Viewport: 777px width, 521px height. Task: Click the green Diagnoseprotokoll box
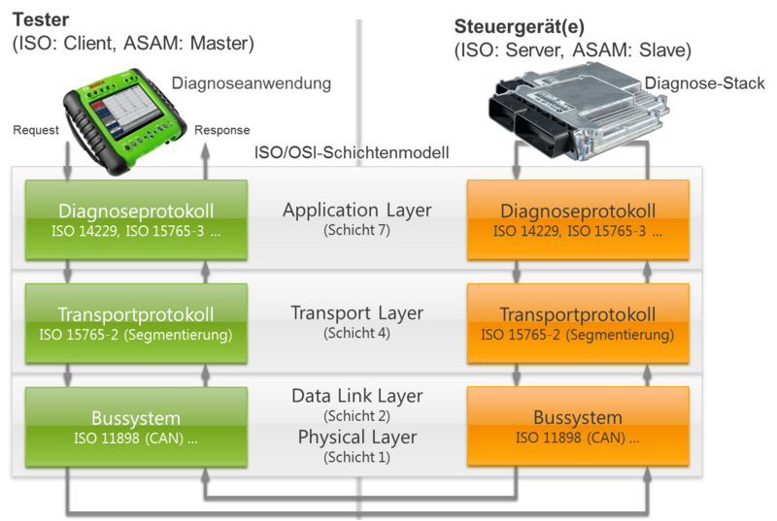pyautogui.click(x=136, y=219)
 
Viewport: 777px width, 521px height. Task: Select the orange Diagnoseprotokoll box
pyautogui.click(x=577, y=220)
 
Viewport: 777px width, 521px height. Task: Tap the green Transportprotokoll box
pyautogui.click(x=136, y=323)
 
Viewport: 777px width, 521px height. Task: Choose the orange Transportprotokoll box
pyautogui.click(x=577, y=324)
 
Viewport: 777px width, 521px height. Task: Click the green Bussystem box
pyautogui.click(x=136, y=427)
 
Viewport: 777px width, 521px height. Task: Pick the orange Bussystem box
pyautogui.click(x=577, y=427)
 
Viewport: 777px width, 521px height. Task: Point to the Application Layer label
pyautogui.click(x=356, y=210)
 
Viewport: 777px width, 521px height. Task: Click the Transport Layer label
pyautogui.click(x=356, y=313)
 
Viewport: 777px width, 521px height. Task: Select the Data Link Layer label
pyautogui.click(x=356, y=396)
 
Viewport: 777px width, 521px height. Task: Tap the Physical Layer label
pyautogui.click(x=356, y=438)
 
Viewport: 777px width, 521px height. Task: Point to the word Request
pyautogui.click(x=37, y=131)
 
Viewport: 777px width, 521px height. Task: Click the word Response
pyautogui.click(x=222, y=131)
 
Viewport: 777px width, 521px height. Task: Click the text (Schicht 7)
pyautogui.click(x=356, y=230)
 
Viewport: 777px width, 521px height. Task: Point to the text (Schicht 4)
pyautogui.click(x=356, y=334)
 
